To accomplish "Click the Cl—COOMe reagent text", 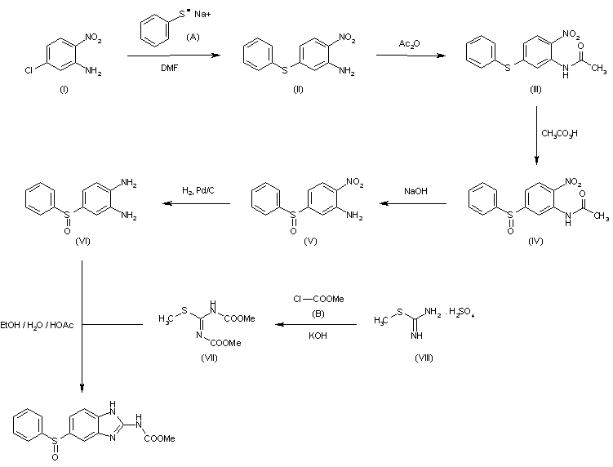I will click(318, 299).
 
